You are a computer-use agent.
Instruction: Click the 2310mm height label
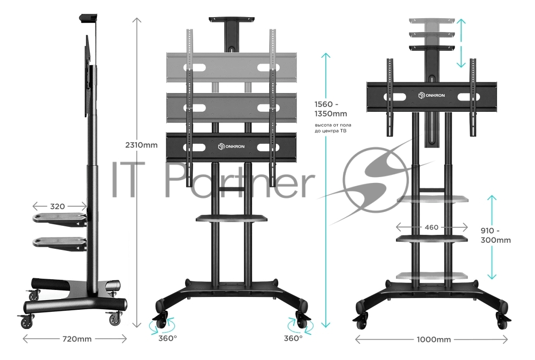tap(141, 145)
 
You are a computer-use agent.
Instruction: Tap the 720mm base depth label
tap(77, 339)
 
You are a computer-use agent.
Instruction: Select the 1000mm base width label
tap(434, 340)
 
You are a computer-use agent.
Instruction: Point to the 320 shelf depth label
tap(57, 206)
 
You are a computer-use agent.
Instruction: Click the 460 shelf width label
tap(432, 227)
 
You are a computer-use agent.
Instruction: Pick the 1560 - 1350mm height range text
tap(331, 109)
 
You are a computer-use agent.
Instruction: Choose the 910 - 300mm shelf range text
tap(495, 235)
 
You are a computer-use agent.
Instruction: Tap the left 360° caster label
tap(167, 339)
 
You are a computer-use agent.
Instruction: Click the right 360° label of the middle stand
tap(293, 339)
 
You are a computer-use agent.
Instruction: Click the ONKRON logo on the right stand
tap(432, 95)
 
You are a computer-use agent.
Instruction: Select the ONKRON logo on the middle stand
tap(231, 147)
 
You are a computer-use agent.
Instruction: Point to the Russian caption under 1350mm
tap(333, 128)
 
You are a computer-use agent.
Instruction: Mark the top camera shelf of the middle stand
tap(232, 19)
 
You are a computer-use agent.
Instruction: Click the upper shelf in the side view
tap(60, 219)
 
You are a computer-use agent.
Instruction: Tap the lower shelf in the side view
tap(60, 243)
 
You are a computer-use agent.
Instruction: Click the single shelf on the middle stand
tap(231, 218)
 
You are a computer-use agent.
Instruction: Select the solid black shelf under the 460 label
tap(432, 238)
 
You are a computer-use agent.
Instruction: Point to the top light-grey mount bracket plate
tap(231, 67)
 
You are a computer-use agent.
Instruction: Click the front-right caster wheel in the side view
tap(115, 319)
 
